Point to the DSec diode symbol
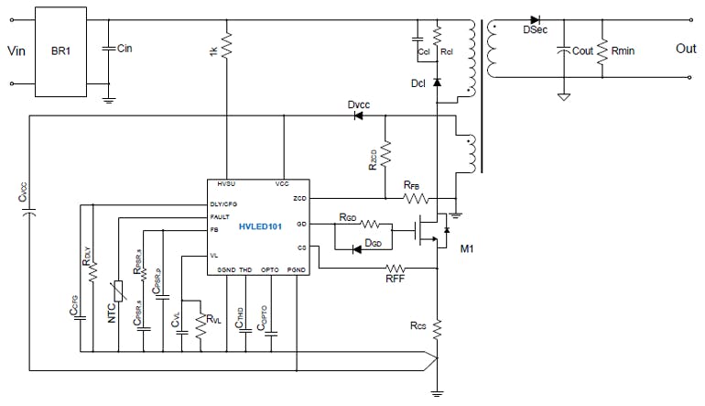coord(535,18)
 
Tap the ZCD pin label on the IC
coord(298,197)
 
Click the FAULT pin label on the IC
coord(220,216)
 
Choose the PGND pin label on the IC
coord(297,269)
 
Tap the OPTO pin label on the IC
coord(270,269)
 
